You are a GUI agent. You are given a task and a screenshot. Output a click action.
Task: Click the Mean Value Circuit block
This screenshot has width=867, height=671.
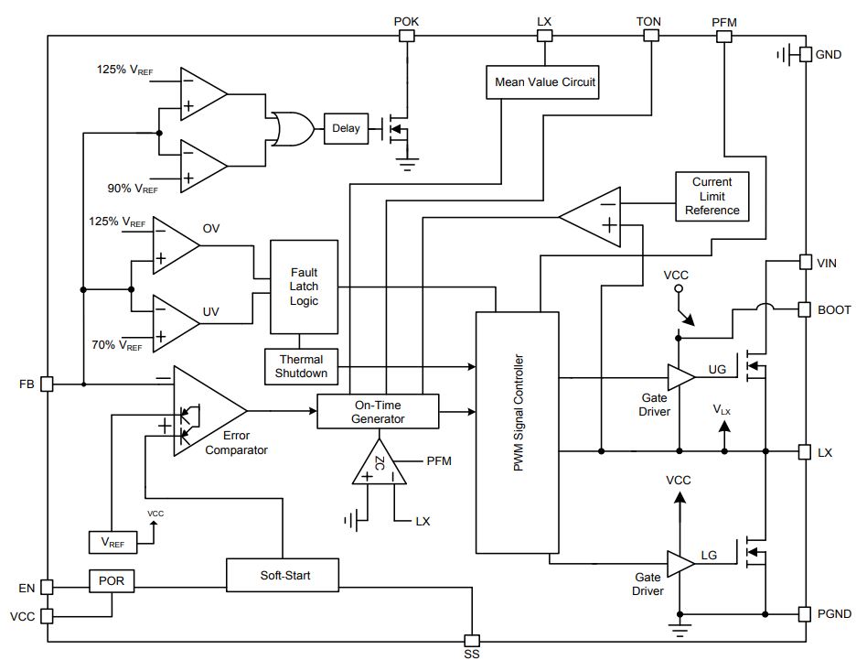pos(541,82)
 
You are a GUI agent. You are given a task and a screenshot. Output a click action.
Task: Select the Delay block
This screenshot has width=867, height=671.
pos(346,128)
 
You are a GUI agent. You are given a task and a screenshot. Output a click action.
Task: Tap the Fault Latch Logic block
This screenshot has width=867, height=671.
pos(304,287)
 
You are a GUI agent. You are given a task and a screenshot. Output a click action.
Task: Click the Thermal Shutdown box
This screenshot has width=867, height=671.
pos(301,366)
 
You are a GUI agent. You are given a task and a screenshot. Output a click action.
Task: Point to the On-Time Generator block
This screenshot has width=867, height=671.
pos(378,411)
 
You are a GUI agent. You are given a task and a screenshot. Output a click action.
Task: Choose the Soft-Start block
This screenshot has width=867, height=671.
pos(283,575)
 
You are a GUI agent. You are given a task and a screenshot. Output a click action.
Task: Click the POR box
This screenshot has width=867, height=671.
pos(112,580)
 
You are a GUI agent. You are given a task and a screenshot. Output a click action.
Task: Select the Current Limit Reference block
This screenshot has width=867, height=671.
pos(712,197)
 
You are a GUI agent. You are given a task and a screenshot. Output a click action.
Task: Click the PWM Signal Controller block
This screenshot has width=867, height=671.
pos(518,432)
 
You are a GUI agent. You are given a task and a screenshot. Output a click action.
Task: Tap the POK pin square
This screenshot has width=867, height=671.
pos(406,36)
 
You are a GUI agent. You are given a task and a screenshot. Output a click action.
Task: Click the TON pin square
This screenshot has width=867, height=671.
pos(652,36)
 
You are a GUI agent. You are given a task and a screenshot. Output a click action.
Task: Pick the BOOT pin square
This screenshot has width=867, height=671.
pos(805,310)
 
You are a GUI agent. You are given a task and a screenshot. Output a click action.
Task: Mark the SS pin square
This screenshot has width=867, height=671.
pos(472,641)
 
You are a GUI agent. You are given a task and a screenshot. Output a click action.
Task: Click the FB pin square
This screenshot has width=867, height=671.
pos(48,384)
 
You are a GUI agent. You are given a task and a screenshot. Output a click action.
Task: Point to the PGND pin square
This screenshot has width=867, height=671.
pos(805,614)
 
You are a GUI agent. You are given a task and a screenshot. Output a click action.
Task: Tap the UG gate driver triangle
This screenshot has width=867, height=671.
pos(681,377)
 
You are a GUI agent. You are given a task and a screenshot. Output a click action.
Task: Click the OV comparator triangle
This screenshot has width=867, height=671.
pos(177,245)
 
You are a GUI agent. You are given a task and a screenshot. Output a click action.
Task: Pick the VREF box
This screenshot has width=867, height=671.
pos(112,543)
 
